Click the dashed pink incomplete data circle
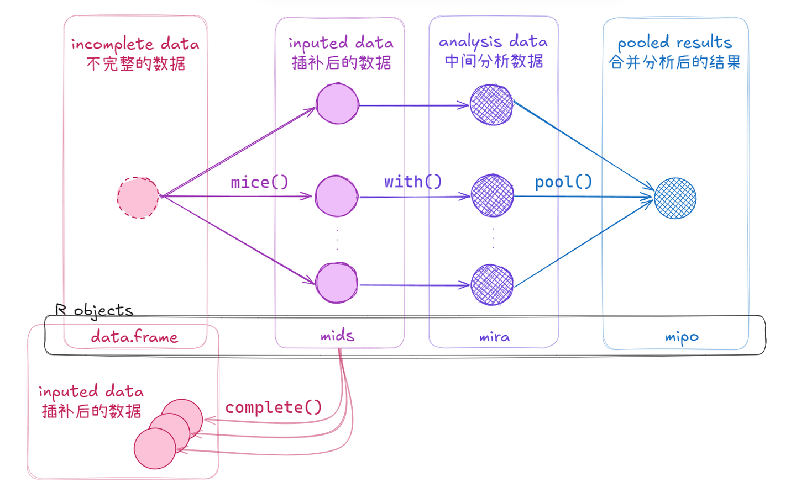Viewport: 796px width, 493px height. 138,198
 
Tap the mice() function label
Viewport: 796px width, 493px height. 259,182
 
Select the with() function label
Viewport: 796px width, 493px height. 413,182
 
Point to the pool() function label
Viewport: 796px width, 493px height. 564,182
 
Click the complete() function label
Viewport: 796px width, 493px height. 273,407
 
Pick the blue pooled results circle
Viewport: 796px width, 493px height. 675,198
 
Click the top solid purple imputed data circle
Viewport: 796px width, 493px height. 337,104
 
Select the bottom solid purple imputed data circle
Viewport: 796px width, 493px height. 337,283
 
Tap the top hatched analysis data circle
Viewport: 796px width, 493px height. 491,105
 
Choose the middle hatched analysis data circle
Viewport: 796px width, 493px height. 493,195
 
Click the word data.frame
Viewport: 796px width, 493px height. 134,336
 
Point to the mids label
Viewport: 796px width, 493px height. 338,336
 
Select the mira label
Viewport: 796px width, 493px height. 494,337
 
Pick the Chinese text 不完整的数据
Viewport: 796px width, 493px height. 136,64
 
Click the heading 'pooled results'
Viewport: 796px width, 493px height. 675,43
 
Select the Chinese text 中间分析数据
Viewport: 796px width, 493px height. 494,61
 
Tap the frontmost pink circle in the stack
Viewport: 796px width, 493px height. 155,448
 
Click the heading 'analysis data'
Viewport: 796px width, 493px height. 493,42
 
